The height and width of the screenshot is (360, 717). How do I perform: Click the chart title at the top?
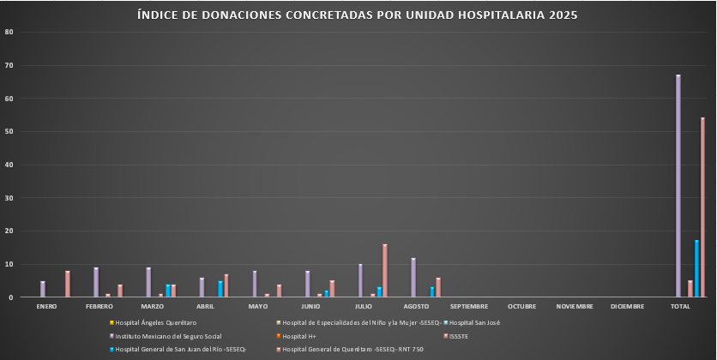point(358,15)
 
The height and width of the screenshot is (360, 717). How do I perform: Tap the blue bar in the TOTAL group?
point(696,268)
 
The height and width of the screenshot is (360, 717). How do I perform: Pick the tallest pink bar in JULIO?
point(385,271)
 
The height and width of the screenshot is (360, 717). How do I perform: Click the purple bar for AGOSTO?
point(413,278)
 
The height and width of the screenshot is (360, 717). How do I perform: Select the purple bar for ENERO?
point(43,289)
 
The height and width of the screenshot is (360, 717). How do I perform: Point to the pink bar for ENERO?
point(68,284)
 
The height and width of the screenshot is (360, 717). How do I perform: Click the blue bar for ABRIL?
point(220,289)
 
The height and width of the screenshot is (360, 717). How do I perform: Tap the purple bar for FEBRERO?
point(96,282)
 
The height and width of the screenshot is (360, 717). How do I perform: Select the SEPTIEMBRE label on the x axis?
point(469,306)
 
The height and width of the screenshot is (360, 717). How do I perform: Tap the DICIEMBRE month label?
point(628,306)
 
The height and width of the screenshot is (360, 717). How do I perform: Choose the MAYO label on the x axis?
point(258,306)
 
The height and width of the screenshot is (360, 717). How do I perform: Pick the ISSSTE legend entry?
point(461,335)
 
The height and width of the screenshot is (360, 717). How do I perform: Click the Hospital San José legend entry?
point(474,322)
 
